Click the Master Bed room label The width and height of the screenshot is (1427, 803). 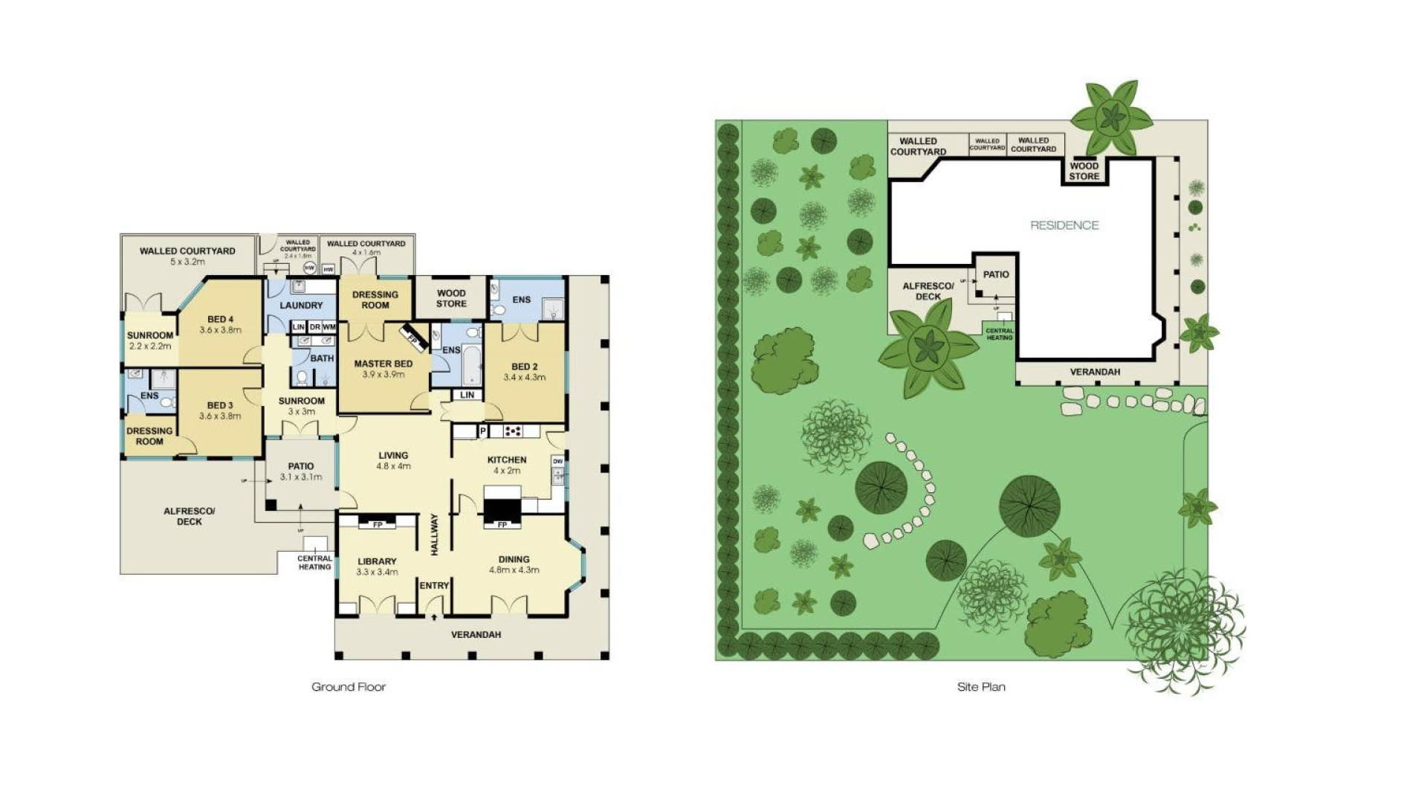tap(383, 364)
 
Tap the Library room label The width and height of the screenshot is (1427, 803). tap(377, 561)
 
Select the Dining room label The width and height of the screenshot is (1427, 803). tap(514, 559)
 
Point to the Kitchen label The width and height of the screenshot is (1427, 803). tap(507, 459)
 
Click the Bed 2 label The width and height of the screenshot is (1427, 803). tap(524, 367)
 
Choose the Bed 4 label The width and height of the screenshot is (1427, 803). tap(220, 319)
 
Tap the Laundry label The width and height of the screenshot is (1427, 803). tap(301, 306)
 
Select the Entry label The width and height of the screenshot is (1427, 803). tap(434, 586)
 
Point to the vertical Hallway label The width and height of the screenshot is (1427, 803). tap(435, 534)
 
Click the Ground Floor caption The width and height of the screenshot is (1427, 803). tap(349, 687)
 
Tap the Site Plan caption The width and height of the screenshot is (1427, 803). tap(981, 687)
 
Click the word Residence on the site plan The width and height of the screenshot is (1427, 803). tap(1064, 225)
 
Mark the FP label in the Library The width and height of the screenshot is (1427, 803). tap(378, 525)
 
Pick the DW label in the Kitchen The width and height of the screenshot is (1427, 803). tap(557, 462)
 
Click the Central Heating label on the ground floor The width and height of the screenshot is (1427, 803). tap(314, 563)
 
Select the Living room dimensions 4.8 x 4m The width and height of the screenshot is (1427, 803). tap(393, 466)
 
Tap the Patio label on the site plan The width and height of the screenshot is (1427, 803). tap(996, 274)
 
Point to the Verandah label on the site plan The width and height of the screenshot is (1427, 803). tap(1095, 372)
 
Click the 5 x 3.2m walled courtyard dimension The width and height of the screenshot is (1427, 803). tap(187, 262)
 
